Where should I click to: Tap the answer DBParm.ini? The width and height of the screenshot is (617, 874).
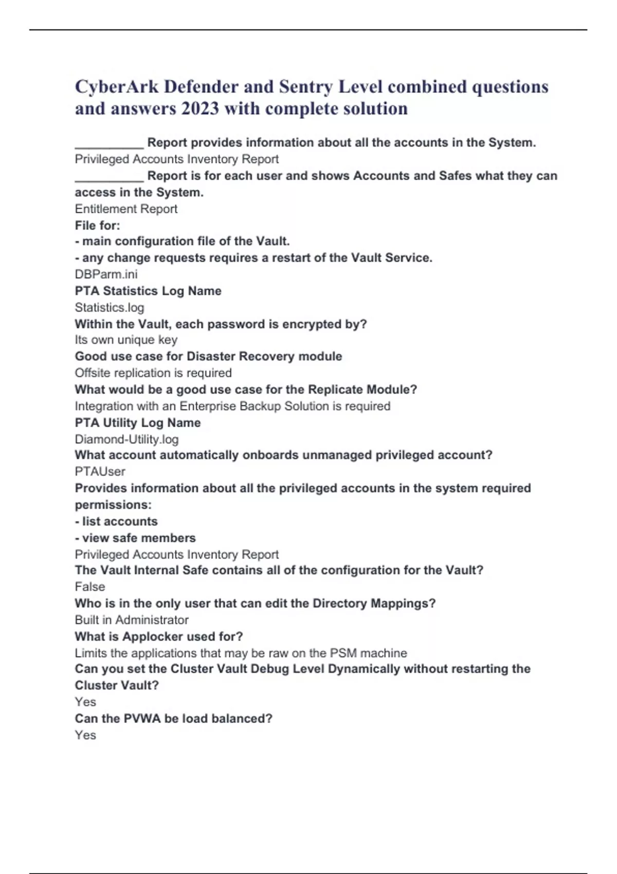tap(106, 274)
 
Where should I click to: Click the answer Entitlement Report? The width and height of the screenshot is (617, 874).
tap(126, 209)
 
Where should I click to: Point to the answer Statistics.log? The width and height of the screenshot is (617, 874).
tap(110, 307)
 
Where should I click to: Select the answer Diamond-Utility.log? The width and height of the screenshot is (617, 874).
tap(126, 439)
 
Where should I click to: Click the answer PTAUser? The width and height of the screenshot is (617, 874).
tap(100, 471)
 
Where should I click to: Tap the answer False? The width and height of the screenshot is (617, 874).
tap(89, 587)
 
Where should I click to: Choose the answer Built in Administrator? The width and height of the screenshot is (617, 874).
tap(132, 620)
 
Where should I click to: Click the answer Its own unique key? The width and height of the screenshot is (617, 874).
tap(126, 340)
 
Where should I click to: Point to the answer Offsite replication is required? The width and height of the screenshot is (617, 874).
tap(153, 373)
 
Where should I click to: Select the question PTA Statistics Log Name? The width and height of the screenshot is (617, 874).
tap(148, 291)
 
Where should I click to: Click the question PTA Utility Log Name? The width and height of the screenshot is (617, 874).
tap(138, 423)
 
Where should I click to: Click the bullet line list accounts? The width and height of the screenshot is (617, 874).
tap(116, 521)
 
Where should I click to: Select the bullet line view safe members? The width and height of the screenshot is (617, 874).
tap(135, 538)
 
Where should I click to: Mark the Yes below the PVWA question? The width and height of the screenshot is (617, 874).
tap(85, 735)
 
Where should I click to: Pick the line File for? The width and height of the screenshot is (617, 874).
tap(97, 225)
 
